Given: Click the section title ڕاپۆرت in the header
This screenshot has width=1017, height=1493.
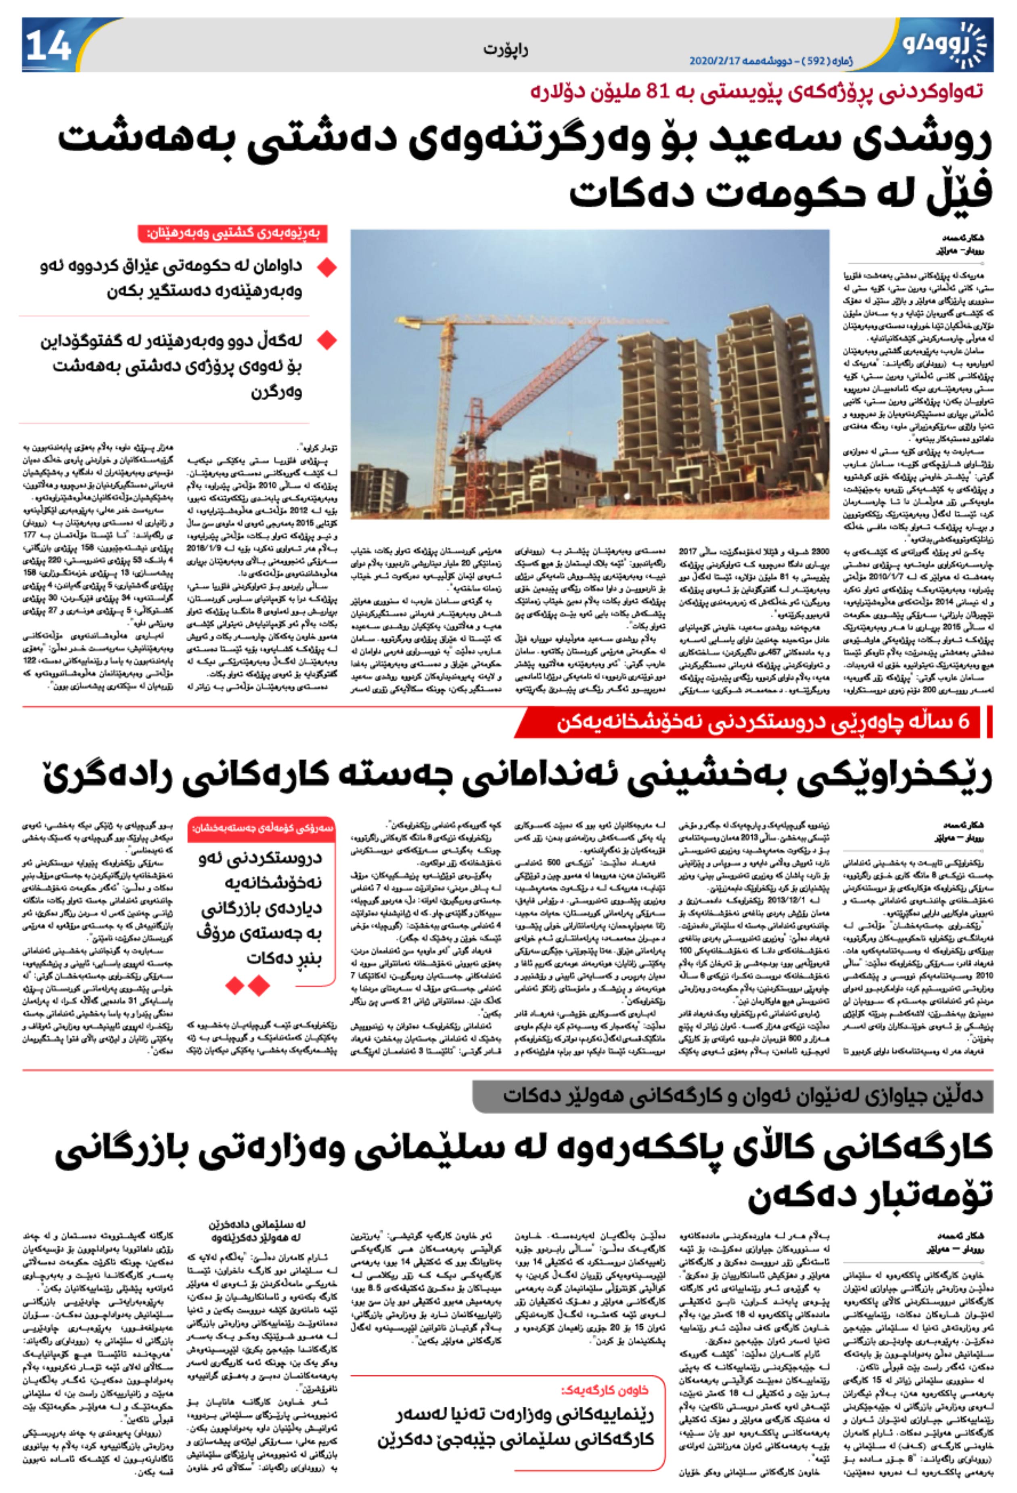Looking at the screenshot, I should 506,50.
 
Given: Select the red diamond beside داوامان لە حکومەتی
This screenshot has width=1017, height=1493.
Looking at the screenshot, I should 327,267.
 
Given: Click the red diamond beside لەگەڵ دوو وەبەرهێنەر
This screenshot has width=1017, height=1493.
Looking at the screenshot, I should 327,341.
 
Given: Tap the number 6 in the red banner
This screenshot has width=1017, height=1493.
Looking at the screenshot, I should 964,722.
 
